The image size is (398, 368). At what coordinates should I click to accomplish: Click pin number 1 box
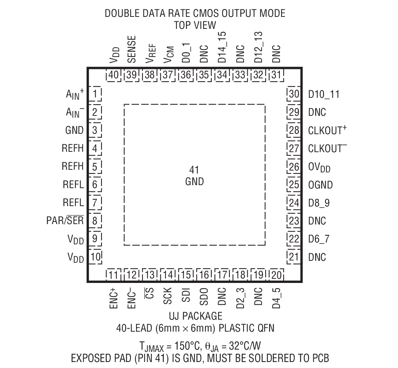95,94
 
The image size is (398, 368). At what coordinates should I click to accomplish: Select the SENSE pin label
132,49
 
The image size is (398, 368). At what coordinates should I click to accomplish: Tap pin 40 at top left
114,75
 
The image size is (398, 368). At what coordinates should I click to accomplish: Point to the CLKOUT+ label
327,130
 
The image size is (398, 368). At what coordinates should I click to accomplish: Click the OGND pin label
320,185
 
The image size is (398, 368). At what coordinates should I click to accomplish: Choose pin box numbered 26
294,167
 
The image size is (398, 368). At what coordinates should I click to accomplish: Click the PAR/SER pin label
65,220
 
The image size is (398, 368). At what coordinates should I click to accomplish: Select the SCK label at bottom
168,296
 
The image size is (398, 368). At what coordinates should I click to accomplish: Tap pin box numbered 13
150,275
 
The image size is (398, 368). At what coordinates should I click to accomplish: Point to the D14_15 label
222,47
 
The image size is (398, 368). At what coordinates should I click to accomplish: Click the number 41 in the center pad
194,170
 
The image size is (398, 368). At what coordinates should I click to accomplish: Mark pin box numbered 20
277,275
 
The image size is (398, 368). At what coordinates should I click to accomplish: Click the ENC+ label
114,298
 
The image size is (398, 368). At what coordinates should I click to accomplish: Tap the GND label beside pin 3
74,130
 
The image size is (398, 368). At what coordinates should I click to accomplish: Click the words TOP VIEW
195,25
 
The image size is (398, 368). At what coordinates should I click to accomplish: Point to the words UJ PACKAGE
196,316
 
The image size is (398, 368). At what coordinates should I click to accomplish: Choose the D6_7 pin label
319,239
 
